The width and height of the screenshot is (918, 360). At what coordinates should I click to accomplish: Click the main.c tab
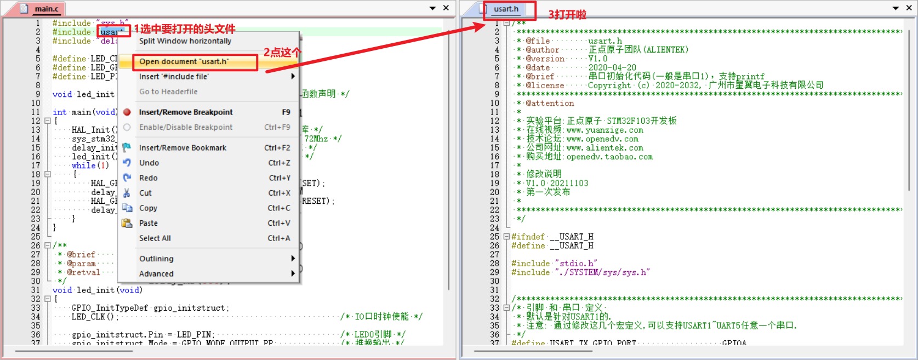[46, 9]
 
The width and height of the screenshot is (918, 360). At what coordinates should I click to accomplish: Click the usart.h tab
[505, 9]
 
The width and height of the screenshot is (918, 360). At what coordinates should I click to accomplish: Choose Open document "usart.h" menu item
[184, 61]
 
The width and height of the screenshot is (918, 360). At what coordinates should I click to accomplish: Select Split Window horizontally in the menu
[185, 41]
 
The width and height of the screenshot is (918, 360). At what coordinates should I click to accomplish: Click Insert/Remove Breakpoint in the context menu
[186, 112]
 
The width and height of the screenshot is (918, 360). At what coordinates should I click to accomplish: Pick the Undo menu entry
[149, 163]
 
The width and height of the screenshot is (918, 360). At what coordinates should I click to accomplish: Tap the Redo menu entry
[149, 178]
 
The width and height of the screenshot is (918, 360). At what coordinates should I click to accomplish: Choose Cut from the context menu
[145, 193]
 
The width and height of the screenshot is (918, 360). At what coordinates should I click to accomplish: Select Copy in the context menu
[148, 208]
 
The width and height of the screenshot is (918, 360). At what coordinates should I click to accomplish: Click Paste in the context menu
[149, 223]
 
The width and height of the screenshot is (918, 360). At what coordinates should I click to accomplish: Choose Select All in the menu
[155, 238]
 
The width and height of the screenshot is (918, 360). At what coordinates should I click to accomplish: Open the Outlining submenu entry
[156, 259]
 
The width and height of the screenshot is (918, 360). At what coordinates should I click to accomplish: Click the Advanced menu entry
[156, 274]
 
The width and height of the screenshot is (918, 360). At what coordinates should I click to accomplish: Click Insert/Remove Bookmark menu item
[183, 148]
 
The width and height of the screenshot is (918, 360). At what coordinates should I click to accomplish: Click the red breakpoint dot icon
[127, 112]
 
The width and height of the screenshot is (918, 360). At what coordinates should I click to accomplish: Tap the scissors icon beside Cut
[127, 193]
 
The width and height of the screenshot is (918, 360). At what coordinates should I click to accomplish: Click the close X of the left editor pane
[446, 8]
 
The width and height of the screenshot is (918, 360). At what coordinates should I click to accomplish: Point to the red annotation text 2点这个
[282, 53]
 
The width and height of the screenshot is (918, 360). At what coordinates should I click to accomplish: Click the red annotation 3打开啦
[567, 15]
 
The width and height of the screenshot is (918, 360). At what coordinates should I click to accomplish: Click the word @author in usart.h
[542, 50]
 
